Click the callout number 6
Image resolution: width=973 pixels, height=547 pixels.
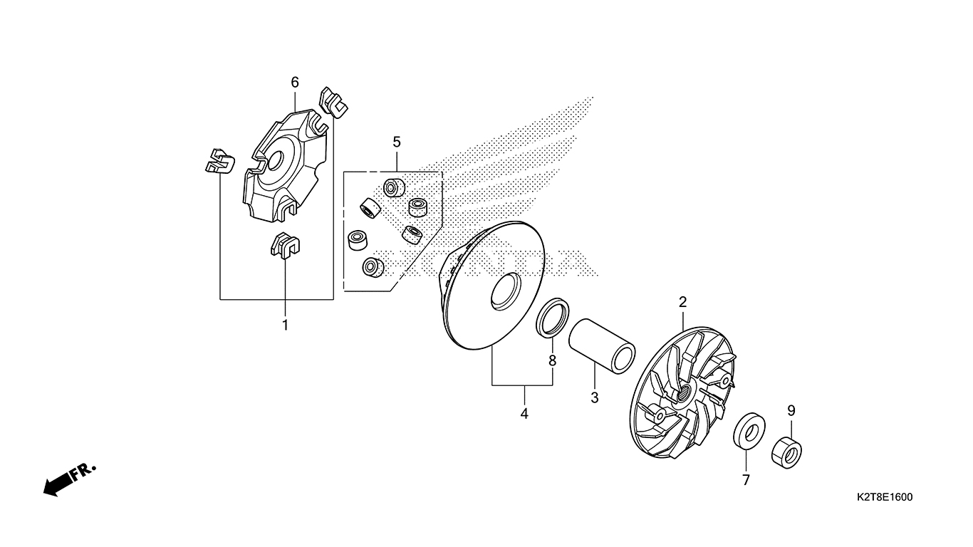tap(295, 82)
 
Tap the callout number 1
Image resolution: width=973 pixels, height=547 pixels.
tap(286, 325)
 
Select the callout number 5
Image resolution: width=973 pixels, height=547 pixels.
tap(397, 142)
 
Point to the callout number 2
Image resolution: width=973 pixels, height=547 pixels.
tap(683, 302)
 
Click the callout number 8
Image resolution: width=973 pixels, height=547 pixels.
tap(553, 360)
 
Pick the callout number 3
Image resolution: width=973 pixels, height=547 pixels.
tap(595, 397)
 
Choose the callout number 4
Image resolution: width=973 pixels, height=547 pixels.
tap(524, 414)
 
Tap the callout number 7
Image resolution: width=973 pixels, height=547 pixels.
tap(746, 480)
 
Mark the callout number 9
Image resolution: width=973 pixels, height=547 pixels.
tap(791, 410)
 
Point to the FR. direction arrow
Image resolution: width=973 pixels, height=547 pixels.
tap(70, 479)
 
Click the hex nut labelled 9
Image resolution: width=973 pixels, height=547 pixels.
tap(786, 453)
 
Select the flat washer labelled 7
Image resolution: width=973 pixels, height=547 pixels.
tap(749, 431)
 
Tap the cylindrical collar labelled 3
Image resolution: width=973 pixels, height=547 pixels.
tap(602, 346)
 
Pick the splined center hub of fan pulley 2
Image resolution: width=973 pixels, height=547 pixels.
tap(682, 394)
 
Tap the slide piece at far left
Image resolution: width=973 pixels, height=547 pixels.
tap(220, 161)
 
